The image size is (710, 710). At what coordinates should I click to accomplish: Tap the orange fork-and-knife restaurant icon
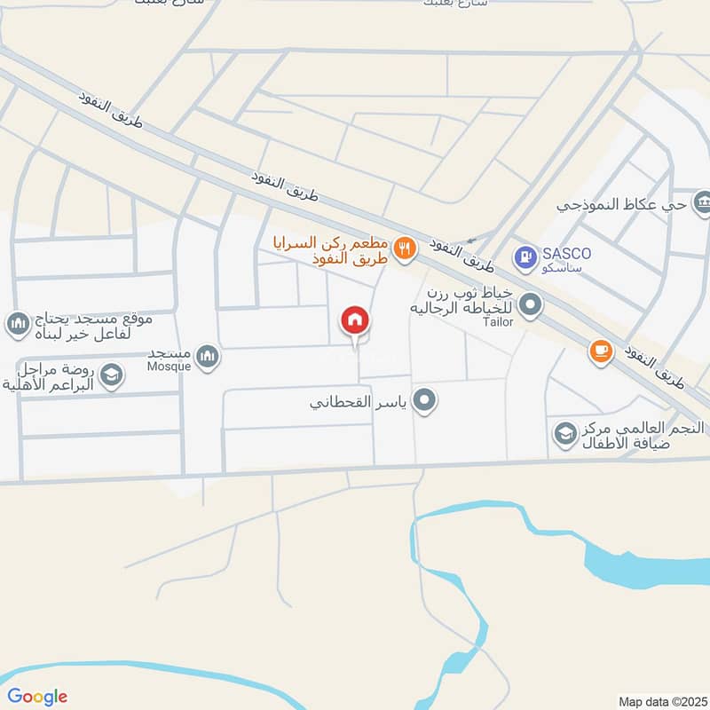(x=405, y=249)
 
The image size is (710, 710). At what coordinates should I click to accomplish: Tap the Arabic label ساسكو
(x=569, y=267)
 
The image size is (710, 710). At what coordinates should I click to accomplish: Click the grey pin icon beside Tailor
(x=531, y=306)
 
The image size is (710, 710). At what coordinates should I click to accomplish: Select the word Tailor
(x=498, y=322)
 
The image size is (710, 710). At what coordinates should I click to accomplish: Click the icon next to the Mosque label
(x=207, y=357)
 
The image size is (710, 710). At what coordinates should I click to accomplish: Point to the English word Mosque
(x=170, y=365)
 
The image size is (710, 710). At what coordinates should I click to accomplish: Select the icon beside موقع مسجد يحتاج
(x=17, y=325)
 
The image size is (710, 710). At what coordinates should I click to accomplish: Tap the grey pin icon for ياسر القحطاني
(x=426, y=401)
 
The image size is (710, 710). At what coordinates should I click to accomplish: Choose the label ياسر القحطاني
(x=359, y=402)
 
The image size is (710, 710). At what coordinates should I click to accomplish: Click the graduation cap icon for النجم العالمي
(x=564, y=434)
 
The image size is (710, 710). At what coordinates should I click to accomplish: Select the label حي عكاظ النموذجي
(x=621, y=204)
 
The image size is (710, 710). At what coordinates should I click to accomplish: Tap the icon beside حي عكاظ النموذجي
(x=703, y=202)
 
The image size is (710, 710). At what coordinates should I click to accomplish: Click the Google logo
(x=37, y=697)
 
